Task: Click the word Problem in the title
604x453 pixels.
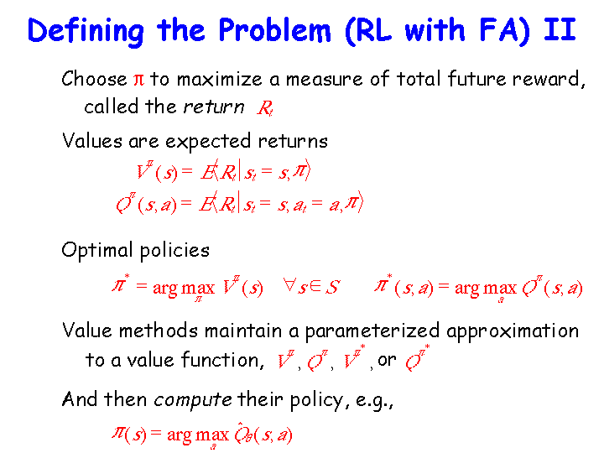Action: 274,30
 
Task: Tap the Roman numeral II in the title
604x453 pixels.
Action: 560,29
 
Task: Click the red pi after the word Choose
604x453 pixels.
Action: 138,80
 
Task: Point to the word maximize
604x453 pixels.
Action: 219,79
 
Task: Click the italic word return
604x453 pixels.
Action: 213,107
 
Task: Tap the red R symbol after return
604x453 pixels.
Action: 265,107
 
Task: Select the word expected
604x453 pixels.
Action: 208,142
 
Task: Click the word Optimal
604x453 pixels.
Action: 97,250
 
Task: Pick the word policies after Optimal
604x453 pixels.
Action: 174,251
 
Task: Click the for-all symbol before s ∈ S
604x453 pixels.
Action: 289,285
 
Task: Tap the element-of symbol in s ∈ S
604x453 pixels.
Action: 316,286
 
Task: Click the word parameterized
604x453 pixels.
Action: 372,331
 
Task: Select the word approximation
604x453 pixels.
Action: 513,331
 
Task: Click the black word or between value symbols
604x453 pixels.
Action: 387,361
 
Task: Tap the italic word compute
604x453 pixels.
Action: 193,400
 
